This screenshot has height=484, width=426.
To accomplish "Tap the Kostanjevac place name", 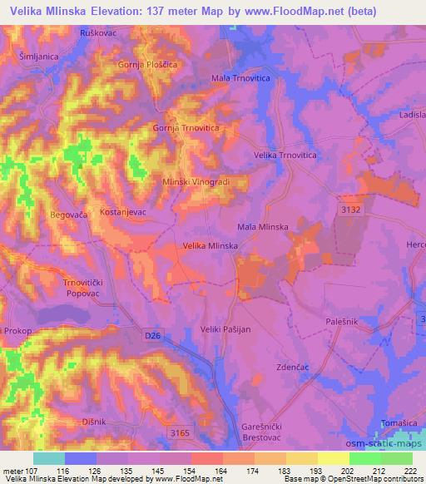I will [122, 212].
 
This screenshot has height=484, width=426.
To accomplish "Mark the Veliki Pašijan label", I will [229, 330].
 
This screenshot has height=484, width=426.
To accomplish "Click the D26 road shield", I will [151, 336].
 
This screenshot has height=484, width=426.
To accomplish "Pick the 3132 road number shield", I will [350, 210].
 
